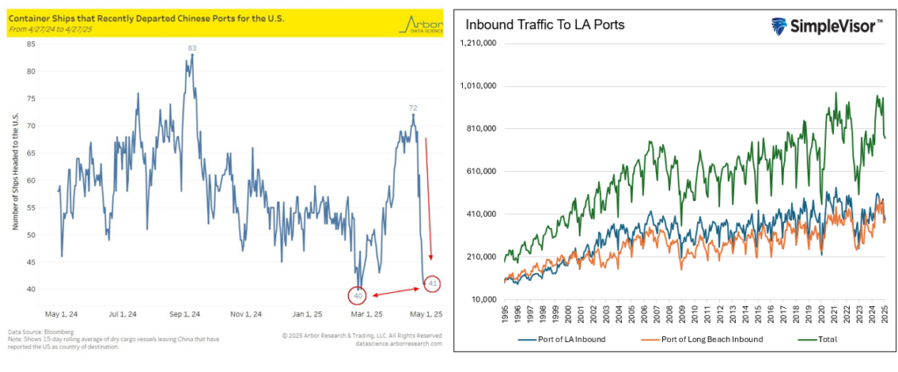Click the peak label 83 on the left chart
(191, 47)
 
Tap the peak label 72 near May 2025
(412, 108)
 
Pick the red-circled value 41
(431, 283)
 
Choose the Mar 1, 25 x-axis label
(360, 312)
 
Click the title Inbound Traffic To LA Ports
(545, 24)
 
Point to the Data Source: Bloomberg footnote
(38, 332)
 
